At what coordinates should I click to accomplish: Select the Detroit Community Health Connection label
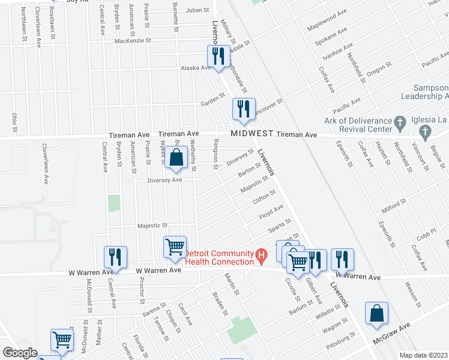click(219, 257)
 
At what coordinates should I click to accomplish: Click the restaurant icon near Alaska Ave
click(218, 56)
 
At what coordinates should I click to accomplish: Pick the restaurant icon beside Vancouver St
click(243, 109)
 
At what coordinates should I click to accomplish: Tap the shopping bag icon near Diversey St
click(176, 158)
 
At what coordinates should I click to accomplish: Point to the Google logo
click(20, 353)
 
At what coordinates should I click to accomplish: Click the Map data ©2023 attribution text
click(424, 355)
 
